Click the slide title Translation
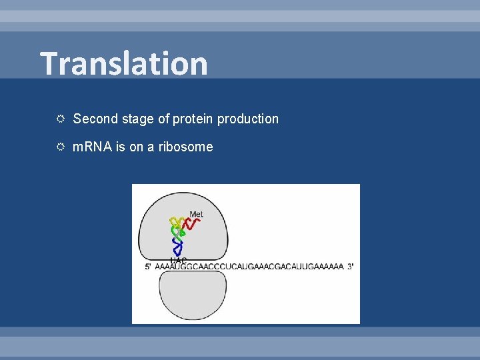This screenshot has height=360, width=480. pyautogui.click(x=124, y=63)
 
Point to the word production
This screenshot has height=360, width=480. pyautogui.click(x=248, y=119)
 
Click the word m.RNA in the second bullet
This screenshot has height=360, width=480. pyautogui.click(x=93, y=147)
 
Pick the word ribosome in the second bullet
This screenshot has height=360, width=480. pyautogui.click(x=186, y=147)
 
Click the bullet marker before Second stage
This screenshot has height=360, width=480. pyautogui.click(x=60, y=119)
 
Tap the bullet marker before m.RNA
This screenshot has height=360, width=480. pyautogui.click(x=60, y=147)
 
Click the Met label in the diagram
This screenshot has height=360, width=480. pyautogui.click(x=196, y=215)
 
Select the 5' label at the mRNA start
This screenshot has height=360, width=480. pyautogui.click(x=148, y=267)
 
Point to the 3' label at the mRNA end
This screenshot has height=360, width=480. pyautogui.click(x=350, y=267)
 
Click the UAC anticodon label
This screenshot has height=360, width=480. pyautogui.click(x=179, y=260)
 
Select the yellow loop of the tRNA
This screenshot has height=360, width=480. pyautogui.click(x=177, y=222)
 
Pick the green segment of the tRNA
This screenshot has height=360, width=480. pyautogui.click(x=179, y=233)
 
